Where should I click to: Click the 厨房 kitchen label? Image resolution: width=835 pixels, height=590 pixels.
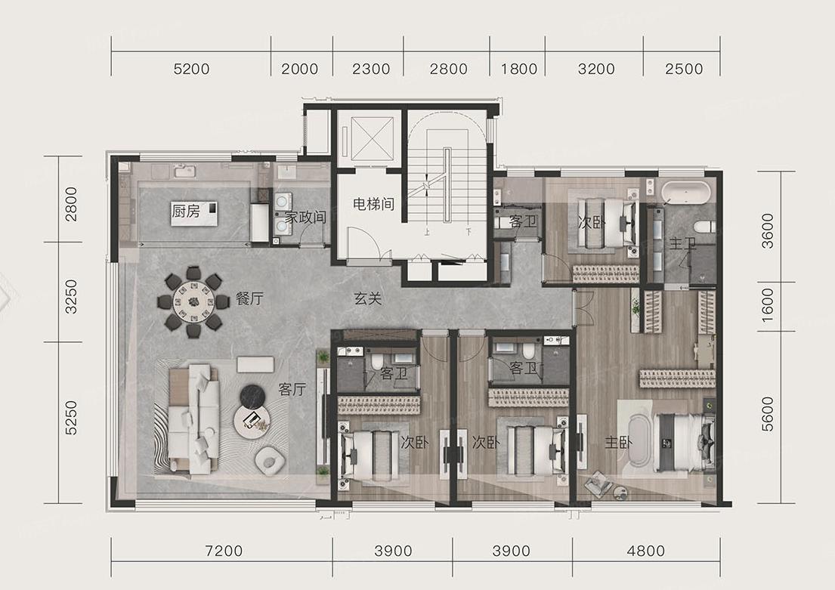click(185, 212)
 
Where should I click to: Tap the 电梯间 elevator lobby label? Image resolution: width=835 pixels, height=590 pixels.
click(373, 203)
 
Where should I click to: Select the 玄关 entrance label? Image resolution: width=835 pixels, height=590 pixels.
click(368, 298)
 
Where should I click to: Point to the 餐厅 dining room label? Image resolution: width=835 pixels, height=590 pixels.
click(249, 298)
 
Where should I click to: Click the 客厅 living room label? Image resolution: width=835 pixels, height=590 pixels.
click(292, 389)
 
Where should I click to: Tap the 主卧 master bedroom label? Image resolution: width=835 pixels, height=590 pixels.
click(618, 442)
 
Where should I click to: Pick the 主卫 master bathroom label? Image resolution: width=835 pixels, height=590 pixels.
click(682, 244)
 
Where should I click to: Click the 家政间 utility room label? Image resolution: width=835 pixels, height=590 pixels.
click(305, 218)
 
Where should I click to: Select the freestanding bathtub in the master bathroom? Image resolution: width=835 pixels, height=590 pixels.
click(686, 193)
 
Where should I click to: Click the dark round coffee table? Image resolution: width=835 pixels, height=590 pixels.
click(252, 396)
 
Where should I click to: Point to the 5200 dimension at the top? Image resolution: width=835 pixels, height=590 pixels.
click(192, 70)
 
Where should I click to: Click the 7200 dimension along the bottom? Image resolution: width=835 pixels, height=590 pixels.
click(224, 551)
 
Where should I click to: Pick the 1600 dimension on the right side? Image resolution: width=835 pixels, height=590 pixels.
click(767, 305)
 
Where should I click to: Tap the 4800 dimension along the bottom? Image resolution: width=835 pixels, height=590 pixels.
click(646, 551)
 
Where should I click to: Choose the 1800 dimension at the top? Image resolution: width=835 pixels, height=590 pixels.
click(519, 70)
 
